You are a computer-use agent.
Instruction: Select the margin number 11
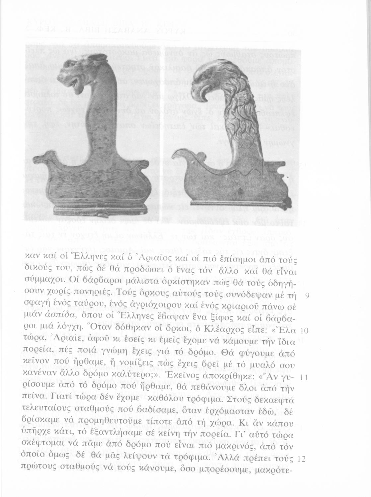coord(304,378)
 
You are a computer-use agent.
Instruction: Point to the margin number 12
coord(301,460)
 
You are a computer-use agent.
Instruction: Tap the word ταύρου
coord(105,307)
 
